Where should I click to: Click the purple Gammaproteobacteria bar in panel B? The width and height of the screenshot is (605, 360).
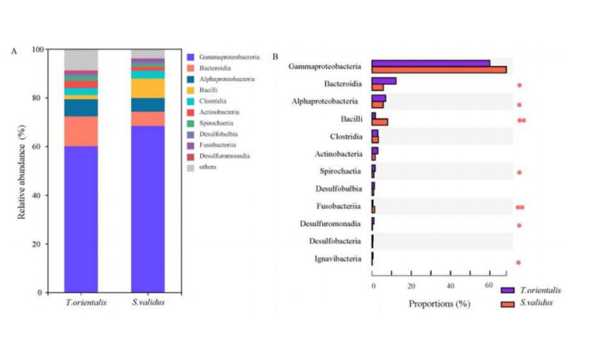click(x=431, y=63)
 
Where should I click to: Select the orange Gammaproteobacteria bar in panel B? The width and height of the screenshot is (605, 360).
click(x=439, y=70)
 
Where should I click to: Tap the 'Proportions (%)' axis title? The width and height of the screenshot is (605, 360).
click(x=439, y=303)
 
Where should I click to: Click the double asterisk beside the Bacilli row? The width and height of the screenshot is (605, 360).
click(x=521, y=121)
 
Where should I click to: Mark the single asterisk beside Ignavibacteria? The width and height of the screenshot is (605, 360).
click(x=518, y=263)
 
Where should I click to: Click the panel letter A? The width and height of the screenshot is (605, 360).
click(x=14, y=52)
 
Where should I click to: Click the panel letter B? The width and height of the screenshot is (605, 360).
click(x=275, y=57)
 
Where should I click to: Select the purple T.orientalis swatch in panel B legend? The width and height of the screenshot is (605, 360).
click(x=508, y=291)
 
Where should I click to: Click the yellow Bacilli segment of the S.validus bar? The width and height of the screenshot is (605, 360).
click(x=148, y=88)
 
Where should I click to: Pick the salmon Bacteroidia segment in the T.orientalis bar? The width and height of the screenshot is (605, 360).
click(x=81, y=132)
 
